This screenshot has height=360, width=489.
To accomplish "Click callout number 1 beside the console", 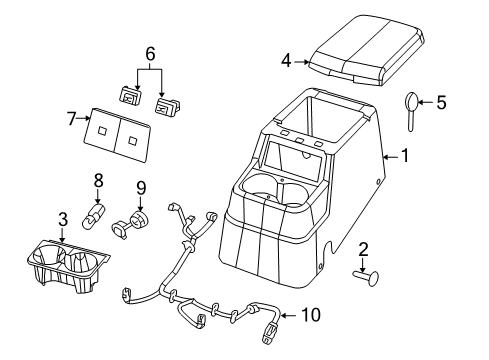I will pyautogui.click(x=405, y=156).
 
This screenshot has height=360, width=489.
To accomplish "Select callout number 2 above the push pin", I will pyautogui.click(x=365, y=249).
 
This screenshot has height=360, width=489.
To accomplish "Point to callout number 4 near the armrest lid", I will pyautogui.click(x=286, y=62).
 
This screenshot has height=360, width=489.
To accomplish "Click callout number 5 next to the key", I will pyautogui.click(x=441, y=100).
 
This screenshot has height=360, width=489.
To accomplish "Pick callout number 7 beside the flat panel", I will pyautogui.click(x=71, y=119).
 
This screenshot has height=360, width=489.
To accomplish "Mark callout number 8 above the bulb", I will pyautogui.click(x=99, y=181).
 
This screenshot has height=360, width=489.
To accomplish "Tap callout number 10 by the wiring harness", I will pyautogui.click(x=311, y=316).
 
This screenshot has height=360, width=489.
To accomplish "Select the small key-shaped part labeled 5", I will pyautogui.click(x=415, y=105).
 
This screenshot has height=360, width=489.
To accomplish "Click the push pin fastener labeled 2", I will pyautogui.click(x=361, y=279).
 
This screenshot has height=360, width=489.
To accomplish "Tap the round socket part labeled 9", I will pyautogui.click(x=134, y=222).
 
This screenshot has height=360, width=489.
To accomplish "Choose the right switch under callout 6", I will pyautogui.click(x=167, y=101).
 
